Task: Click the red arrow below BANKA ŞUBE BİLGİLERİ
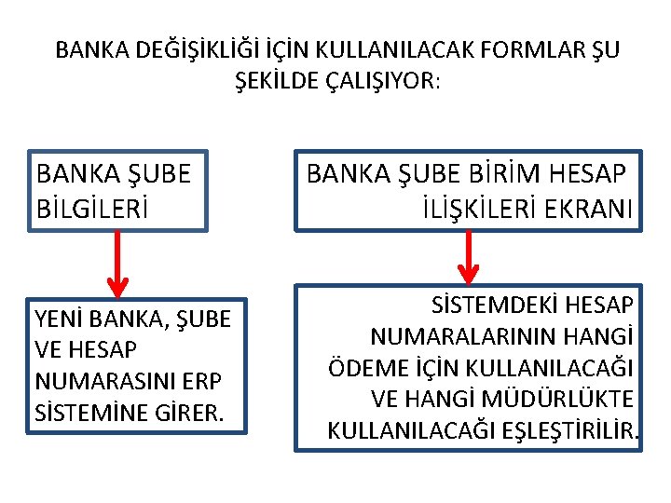[116, 262]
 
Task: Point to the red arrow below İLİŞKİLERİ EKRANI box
[469, 256]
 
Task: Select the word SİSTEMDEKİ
[485, 305]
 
